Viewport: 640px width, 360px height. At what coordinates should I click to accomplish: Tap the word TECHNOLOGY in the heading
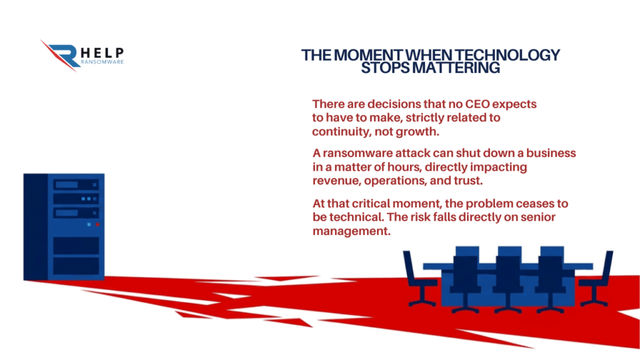point(507,55)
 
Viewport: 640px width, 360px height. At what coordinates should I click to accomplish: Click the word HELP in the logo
point(102,53)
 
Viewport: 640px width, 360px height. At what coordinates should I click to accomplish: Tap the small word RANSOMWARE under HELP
point(102,62)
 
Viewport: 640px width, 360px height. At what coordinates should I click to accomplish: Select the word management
point(351,231)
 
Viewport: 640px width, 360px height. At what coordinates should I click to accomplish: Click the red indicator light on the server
point(97,224)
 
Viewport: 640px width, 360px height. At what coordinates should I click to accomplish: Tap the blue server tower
point(64,227)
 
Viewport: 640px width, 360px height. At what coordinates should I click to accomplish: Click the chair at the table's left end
point(419,279)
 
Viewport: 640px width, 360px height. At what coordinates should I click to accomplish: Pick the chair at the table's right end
point(596,279)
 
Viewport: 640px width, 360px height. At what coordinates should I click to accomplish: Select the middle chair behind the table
point(508,279)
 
